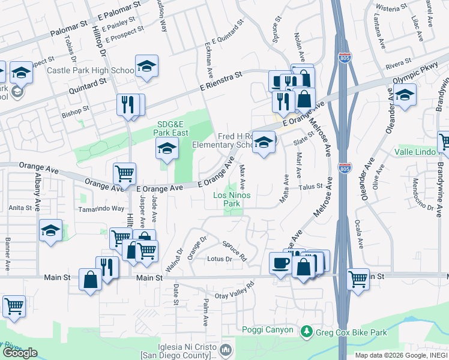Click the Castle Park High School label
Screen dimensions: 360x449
point(91,71)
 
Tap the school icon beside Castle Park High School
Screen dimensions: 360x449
point(146,67)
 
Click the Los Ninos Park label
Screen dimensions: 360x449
point(236,200)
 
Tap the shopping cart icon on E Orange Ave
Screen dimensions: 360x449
point(124,174)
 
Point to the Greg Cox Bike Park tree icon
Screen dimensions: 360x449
point(307,331)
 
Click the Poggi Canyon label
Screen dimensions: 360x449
point(268,330)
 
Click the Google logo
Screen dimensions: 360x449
point(20,353)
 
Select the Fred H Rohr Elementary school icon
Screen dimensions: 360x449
point(263,143)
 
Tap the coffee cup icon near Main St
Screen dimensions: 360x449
point(280,263)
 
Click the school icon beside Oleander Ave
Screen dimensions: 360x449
point(405,95)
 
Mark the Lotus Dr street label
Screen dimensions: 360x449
point(219,259)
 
